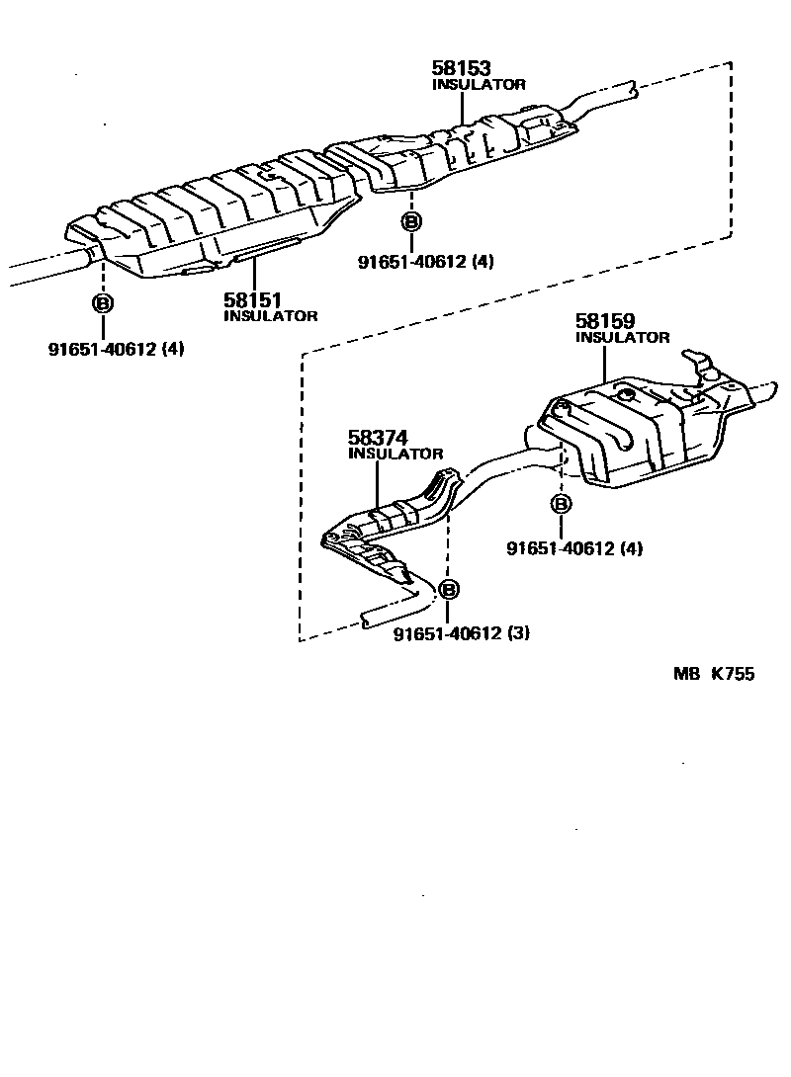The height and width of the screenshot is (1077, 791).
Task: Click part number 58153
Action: pos(462,68)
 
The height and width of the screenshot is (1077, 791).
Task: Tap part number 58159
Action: pos(605,321)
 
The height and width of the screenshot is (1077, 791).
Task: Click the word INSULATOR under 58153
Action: pos(479,85)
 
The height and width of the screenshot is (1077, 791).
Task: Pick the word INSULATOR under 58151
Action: pos(271,316)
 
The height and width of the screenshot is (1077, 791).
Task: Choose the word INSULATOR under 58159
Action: pos(622,338)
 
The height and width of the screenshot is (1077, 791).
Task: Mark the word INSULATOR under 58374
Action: pos(395,454)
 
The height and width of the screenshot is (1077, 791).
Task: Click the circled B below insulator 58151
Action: pos(102,303)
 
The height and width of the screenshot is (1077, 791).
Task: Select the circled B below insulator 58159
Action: pos(561,505)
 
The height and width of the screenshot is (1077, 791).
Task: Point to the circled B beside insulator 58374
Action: pos(448,590)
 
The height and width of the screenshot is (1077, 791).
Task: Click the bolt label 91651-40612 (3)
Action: pos(461,633)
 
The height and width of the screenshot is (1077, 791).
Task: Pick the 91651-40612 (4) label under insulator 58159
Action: pos(573,548)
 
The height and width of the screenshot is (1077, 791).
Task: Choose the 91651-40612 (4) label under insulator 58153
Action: pos(425,262)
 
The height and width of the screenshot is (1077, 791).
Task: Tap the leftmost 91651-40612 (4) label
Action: pos(116,348)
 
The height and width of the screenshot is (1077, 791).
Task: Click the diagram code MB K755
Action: pos(713,675)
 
